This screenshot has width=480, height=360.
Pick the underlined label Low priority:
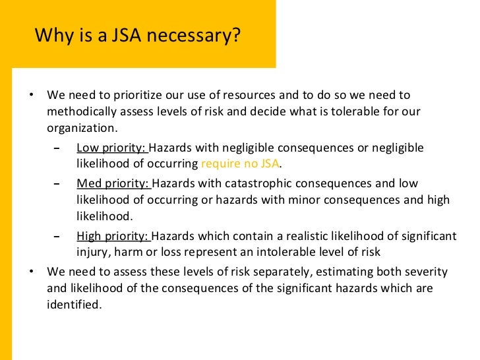click(x=113, y=147)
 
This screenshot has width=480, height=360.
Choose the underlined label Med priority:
click(x=113, y=183)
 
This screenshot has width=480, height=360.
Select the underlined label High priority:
click(x=113, y=236)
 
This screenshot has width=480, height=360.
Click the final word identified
click(x=75, y=305)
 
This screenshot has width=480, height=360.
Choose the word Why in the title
click(x=49, y=35)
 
